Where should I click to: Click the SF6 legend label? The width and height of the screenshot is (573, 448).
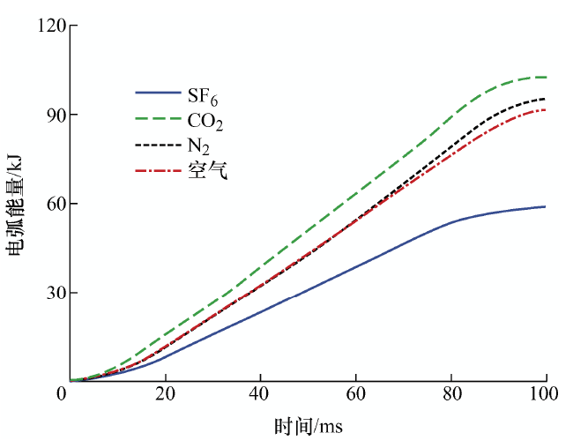pos(203,93)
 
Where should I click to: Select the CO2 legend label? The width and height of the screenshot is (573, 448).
pos(207,118)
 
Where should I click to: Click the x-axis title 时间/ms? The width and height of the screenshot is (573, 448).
pos(308,428)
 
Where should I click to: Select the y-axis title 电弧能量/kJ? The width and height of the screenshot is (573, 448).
pos(15,204)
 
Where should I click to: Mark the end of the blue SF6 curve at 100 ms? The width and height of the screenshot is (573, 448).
pos(546,206)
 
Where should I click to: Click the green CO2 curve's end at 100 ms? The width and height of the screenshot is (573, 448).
pos(546,77)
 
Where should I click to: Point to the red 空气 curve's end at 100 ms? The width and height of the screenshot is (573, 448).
pos(546,109)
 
